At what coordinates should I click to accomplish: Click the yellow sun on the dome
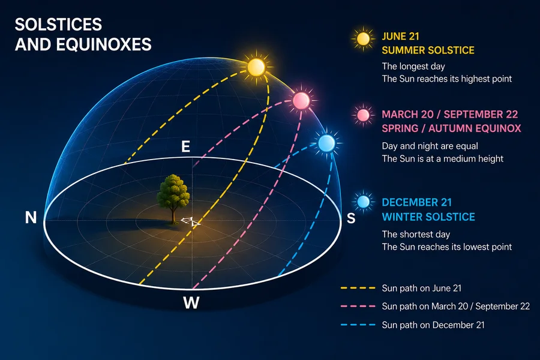[x=256, y=67]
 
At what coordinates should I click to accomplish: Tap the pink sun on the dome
[x=301, y=100]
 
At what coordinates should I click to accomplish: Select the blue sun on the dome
[x=326, y=143]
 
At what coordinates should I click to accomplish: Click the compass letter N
[x=31, y=218]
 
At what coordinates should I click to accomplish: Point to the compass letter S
[x=351, y=218]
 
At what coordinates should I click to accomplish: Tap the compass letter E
[x=185, y=147]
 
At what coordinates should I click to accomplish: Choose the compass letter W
[x=191, y=303]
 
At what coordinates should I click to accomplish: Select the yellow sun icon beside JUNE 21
[x=363, y=38]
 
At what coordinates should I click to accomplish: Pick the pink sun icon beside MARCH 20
[x=363, y=115]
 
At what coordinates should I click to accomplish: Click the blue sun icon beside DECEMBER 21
[x=363, y=202]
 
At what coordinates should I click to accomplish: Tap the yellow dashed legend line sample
[x=358, y=287]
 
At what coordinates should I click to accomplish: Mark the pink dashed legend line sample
[x=358, y=306]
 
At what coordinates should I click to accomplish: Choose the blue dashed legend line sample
[x=358, y=325]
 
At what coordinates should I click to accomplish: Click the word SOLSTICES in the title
[x=59, y=25]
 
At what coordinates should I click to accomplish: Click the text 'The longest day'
[x=413, y=66]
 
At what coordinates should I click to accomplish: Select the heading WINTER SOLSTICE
[x=428, y=217]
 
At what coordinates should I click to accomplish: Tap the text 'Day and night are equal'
[x=430, y=146]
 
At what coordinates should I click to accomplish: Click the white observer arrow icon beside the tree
[x=191, y=221]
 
